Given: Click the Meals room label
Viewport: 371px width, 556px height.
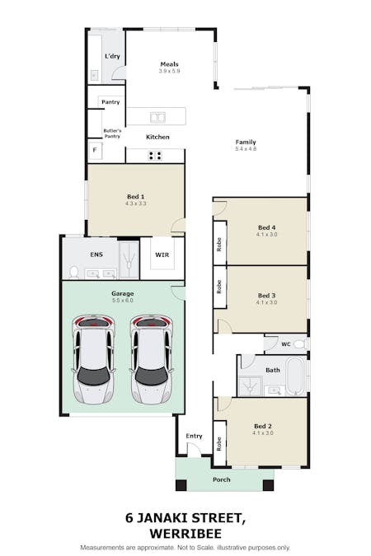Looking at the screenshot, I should coord(170,64).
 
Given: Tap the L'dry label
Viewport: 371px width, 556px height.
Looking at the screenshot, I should coord(111,55).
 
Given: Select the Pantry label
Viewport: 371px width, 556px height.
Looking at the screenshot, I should coord(110,102).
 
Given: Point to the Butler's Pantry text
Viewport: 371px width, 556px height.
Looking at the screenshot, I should coord(112,134).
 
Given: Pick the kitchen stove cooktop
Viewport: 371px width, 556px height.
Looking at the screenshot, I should coord(155,154).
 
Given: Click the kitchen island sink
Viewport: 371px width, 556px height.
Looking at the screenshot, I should coord(156,116).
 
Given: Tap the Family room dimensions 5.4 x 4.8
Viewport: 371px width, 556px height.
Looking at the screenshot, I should coord(246,149).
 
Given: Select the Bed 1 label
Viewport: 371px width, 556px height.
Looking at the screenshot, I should coord(136,196).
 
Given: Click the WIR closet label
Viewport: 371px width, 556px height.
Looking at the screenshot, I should coord(162,255).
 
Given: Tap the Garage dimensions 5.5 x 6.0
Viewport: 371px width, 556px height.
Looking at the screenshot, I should coord(123,301).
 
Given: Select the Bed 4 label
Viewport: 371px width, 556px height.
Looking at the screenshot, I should coord(267,227).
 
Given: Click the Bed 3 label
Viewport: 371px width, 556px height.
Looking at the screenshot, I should coord(267,295).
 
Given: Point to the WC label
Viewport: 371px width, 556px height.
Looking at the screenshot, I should coord(284,343).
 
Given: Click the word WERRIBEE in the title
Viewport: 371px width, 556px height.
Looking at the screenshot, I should coord(185,533).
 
